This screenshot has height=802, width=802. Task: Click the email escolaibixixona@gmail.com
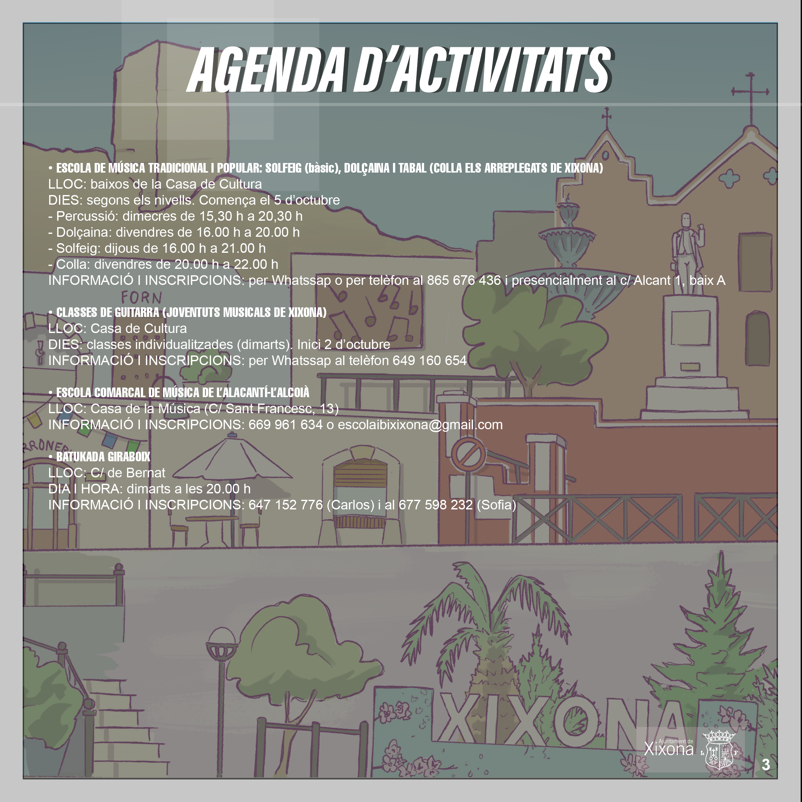tap(420, 425)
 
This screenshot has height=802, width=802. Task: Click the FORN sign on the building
tap(141, 297)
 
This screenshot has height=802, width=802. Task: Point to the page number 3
tap(766, 765)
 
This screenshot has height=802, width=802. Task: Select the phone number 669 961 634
tap(286, 425)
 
